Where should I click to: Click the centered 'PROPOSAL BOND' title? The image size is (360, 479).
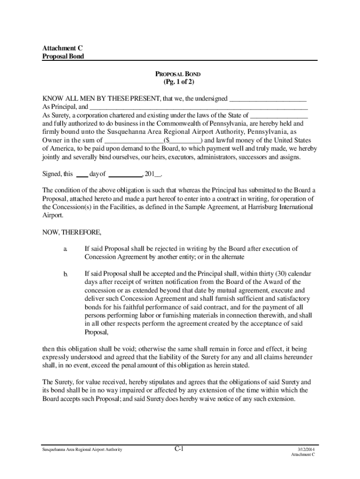(x=178, y=74)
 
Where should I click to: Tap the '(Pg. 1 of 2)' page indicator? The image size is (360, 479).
(x=178, y=82)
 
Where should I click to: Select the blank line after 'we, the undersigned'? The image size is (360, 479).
(x=267, y=99)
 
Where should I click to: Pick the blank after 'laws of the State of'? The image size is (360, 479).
(x=279, y=116)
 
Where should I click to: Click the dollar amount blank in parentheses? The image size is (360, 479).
(x=185, y=140)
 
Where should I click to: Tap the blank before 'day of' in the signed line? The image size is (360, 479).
(x=82, y=174)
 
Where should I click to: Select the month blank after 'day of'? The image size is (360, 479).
(x=125, y=174)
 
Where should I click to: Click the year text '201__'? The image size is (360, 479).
(x=153, y=174)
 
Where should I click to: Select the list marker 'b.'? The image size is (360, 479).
(x=66, y=274)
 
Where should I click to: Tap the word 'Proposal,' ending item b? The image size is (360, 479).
(x=96, y=332)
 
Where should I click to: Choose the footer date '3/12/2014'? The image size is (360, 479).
(x=303, y=450)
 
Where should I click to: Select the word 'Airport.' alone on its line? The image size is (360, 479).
(x=52, y=216)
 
